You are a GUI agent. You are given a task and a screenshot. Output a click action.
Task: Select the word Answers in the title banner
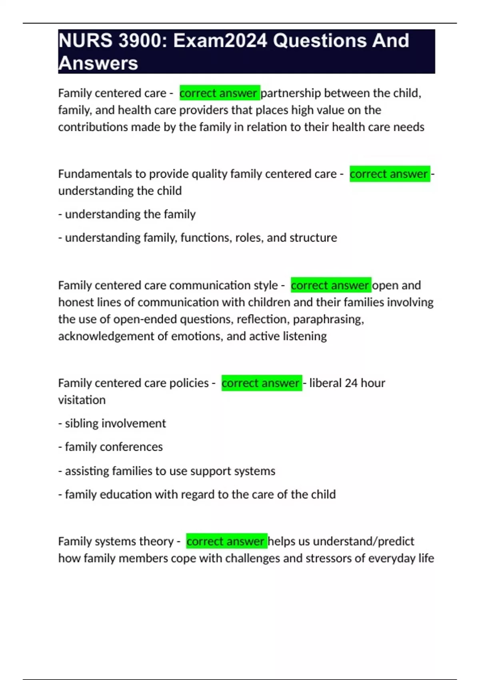pyautogui.click(x=98, y=64)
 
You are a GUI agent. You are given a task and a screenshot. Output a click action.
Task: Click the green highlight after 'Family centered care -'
pyautogui.click(x=219, y=93)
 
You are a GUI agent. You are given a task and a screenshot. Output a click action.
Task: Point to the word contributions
pyautogui.click(x=93, y=127)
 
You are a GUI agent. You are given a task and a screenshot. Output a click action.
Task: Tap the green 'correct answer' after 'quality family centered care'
pyautogui.click(x=389, y=174)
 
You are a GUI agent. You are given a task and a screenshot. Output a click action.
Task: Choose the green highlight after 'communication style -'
pyautogui.click(x=330, y=285)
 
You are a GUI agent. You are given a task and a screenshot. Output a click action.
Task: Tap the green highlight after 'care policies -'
pyautogui.click(x=261, y=383)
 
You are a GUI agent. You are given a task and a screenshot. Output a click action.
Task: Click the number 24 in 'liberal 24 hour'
pyautogui.click(x=351, y=383)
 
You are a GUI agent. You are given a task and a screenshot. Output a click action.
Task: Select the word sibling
pyautogui.click(x=84, y=424)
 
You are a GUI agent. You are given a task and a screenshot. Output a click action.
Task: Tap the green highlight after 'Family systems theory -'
pyautogui.click(x=226, y=542)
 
